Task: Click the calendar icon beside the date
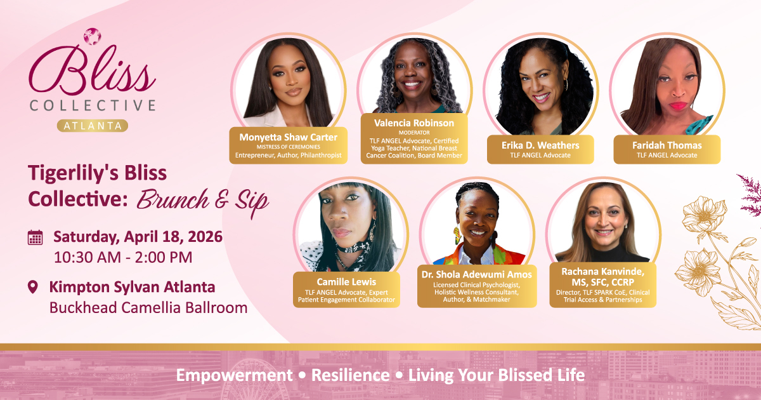35,237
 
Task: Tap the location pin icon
32,287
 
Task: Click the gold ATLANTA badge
93,126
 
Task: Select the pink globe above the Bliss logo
93,36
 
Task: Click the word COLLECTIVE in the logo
93,105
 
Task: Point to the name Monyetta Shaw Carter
288,137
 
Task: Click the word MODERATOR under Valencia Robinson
414,133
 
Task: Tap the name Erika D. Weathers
540,145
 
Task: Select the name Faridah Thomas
667,145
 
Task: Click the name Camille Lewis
346,282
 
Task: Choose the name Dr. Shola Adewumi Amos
477,274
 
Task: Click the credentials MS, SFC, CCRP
602,283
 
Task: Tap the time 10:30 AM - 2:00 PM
123,257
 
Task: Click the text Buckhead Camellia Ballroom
148,307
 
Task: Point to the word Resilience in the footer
350,375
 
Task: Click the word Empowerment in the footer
235,376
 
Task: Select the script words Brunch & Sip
203,201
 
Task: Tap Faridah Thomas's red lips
678,106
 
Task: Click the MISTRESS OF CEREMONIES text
288,147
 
